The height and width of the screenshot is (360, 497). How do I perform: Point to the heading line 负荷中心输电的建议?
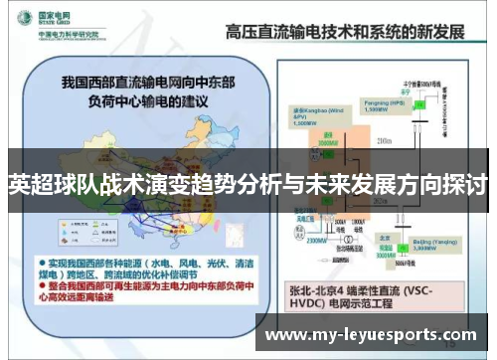pyautogui.click(x=150, y=98)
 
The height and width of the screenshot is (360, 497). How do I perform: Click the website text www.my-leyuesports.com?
pyautogui.click(x=374, y=334)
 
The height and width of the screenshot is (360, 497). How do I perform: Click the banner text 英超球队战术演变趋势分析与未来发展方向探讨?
pyautogui.click(x=248, y=184)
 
